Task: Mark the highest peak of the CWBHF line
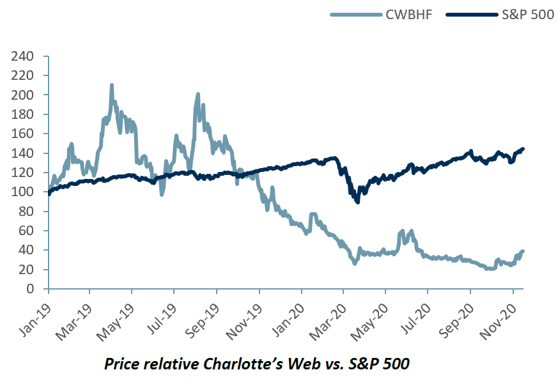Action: tap(112, 85)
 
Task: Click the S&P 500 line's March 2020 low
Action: tap(357, 201)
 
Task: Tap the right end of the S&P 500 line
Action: tap(523, 149)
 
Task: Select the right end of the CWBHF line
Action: tap(523, 251)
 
